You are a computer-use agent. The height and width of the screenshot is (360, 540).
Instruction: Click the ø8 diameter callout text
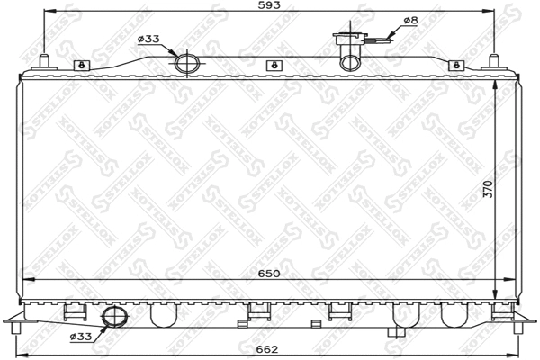click(409, 20)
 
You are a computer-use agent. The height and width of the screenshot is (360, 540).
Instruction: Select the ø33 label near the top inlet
click(148, 39)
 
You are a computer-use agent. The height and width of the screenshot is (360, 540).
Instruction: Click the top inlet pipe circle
click(186, 63)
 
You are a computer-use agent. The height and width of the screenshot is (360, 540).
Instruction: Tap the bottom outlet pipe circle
click(114, 317)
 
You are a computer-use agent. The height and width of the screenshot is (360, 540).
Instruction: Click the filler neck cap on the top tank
click(349, 39)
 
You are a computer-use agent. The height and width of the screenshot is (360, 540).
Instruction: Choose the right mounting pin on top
click(492, 61)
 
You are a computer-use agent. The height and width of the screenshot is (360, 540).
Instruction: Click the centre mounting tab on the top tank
click(272, 65)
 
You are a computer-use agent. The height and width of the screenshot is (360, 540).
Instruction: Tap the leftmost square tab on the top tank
click(81, 65)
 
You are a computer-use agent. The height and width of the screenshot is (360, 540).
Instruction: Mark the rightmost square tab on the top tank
click(457, 65)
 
